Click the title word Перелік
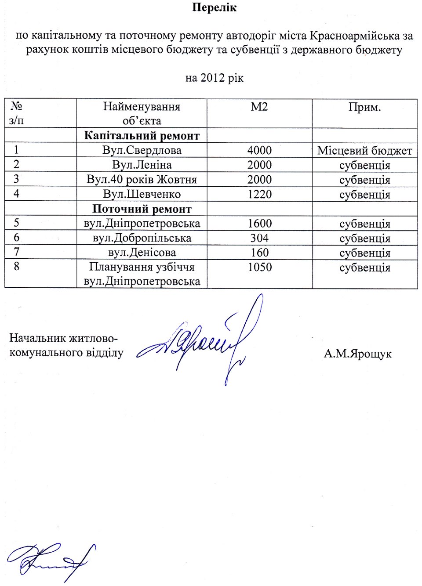click(x=214, y=7)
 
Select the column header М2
click(x=259, y=107)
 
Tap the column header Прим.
click(x=364, y=107)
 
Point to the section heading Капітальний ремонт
click(x=142, y=136)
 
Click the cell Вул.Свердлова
click(x=142, y=150)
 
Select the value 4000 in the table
click(x=259, y=150)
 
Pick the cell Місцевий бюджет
click(x=364, y=151)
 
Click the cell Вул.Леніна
click(x=142, y=165)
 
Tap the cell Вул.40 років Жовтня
click(x=142, y=179)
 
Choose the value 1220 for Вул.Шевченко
click(x=259, y=194)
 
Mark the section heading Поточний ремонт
click(x=142, y=209)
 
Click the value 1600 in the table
click(x=259, y=223)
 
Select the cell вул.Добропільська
click(x=142, y=238)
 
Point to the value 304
click(x=259, y=238)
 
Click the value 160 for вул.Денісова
click(x=259, y=253)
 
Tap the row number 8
click(x=17, y=266)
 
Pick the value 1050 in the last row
click(x=259, y=267)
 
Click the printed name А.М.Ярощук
click(x=357, y=354)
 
